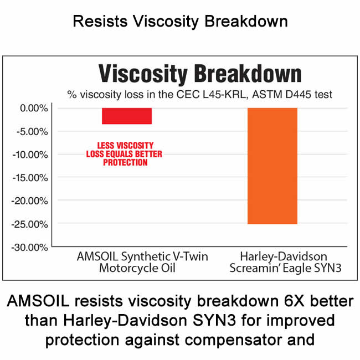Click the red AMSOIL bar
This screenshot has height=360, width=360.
point(127,116)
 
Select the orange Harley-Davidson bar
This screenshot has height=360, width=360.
point(272,166)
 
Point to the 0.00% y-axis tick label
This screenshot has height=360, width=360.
point(32,108)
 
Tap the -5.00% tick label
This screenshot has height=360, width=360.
point(31,131)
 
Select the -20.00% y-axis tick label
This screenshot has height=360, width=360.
point(30,200)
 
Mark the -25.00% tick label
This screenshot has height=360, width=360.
point(30,224)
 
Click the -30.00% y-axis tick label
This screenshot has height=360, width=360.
point(30,247)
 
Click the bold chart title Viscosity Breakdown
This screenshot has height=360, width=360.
point(199,74)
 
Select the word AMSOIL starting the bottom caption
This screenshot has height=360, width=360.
point(40,302)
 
